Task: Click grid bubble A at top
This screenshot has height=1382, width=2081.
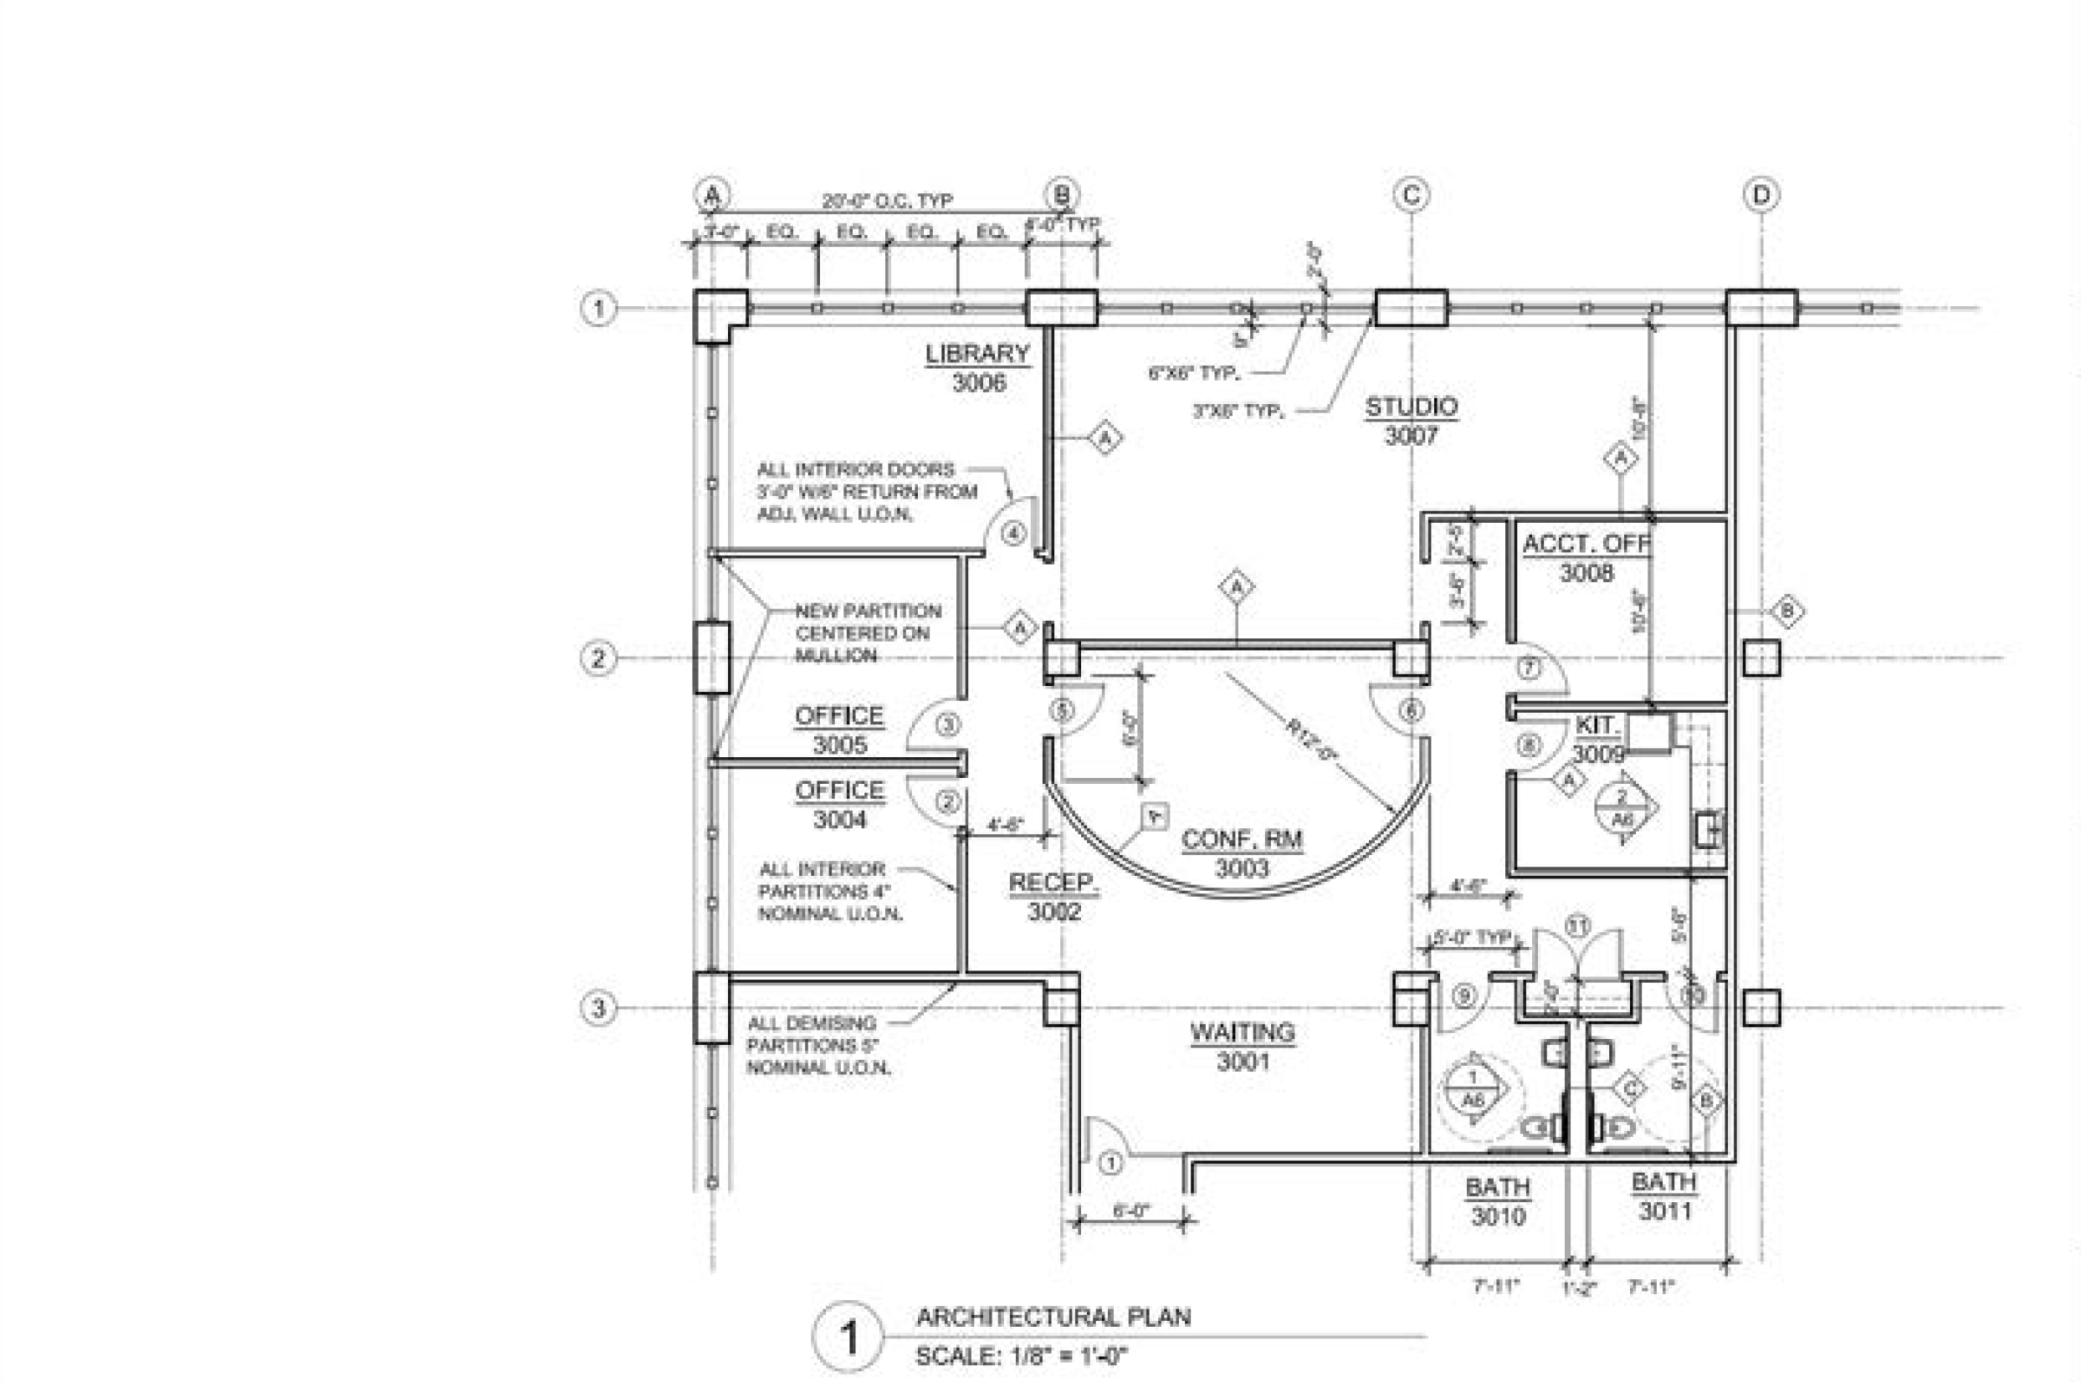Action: (x=711, y=195)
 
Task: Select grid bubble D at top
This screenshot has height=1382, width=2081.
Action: (x=1761, y=195)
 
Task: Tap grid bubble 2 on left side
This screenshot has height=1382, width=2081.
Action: (x=598, y=658)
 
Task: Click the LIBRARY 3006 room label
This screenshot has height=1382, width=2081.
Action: (x=977, y=366)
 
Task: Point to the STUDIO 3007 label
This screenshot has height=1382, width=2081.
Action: (x=1411, y=421)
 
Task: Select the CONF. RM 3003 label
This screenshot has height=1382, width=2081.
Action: (x=1241, y=853)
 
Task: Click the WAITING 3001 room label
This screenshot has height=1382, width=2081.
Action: (x=1242, y=1047)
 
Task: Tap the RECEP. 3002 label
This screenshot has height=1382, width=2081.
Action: (x=1053, y=896)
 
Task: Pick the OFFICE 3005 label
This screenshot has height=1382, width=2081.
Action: (x=839, y=729)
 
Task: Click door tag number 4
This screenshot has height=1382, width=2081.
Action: (x=1013, y=533)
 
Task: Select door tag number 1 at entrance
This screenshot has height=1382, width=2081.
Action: (x=1111, y=1164)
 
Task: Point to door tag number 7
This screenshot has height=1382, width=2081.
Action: (x=1530, y=668)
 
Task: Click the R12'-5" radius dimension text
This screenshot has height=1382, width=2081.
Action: (x=1310, y=740)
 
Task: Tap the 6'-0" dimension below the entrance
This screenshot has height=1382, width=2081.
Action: (x=1130, y=1211)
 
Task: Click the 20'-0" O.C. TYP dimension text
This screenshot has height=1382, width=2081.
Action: (x=887, y=201)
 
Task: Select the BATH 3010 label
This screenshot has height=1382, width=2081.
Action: (x=1498, y=1201)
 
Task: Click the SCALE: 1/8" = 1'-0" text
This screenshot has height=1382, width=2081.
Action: (x=1022, y=1355)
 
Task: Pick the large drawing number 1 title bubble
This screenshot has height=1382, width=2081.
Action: (x=847, y=1338)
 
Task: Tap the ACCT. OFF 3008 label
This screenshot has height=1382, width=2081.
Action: (x=1586, y=558)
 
